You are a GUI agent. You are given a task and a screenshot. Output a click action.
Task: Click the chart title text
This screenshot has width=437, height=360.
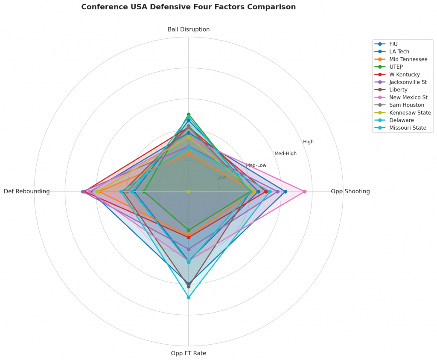coord(188,7)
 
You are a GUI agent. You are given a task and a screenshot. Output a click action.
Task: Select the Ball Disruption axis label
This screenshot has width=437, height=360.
coord(189,29)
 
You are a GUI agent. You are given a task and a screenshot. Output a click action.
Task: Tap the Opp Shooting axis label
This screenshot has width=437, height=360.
coord(350,192)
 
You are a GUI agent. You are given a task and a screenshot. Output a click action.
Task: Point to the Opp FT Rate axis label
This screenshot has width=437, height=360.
coord(189,353)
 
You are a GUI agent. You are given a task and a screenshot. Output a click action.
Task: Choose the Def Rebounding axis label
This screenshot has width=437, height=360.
coord(27,192)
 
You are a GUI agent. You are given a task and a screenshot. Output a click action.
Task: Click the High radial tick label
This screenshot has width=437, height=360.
coord(308,142)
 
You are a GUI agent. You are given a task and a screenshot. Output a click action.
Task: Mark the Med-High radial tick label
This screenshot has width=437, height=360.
coord(285,154)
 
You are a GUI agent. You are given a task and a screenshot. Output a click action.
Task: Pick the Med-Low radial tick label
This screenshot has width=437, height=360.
coord(256,165)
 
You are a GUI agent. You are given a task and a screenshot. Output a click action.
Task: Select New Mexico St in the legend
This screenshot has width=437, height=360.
coord(408,98)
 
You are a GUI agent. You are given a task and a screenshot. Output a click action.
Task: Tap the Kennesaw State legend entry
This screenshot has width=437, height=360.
coord(410,113)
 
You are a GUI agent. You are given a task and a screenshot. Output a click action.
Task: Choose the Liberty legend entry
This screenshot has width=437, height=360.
coord(398,90)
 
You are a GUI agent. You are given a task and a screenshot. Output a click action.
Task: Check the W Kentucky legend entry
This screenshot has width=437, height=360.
coord(404,75)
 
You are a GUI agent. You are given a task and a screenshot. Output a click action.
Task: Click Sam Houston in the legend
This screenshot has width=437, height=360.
coord(407,105)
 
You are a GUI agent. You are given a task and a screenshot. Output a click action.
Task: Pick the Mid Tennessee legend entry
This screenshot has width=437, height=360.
coord(408,59)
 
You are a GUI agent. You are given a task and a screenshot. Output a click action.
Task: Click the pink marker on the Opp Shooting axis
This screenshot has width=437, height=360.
coord(304,192)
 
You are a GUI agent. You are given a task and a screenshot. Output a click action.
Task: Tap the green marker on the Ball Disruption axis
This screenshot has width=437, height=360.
coord(189,114)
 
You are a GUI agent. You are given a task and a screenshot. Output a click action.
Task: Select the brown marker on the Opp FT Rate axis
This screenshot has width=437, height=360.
coord(189,286)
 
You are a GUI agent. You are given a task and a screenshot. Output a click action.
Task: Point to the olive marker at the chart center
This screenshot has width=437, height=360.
coord(189,192)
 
